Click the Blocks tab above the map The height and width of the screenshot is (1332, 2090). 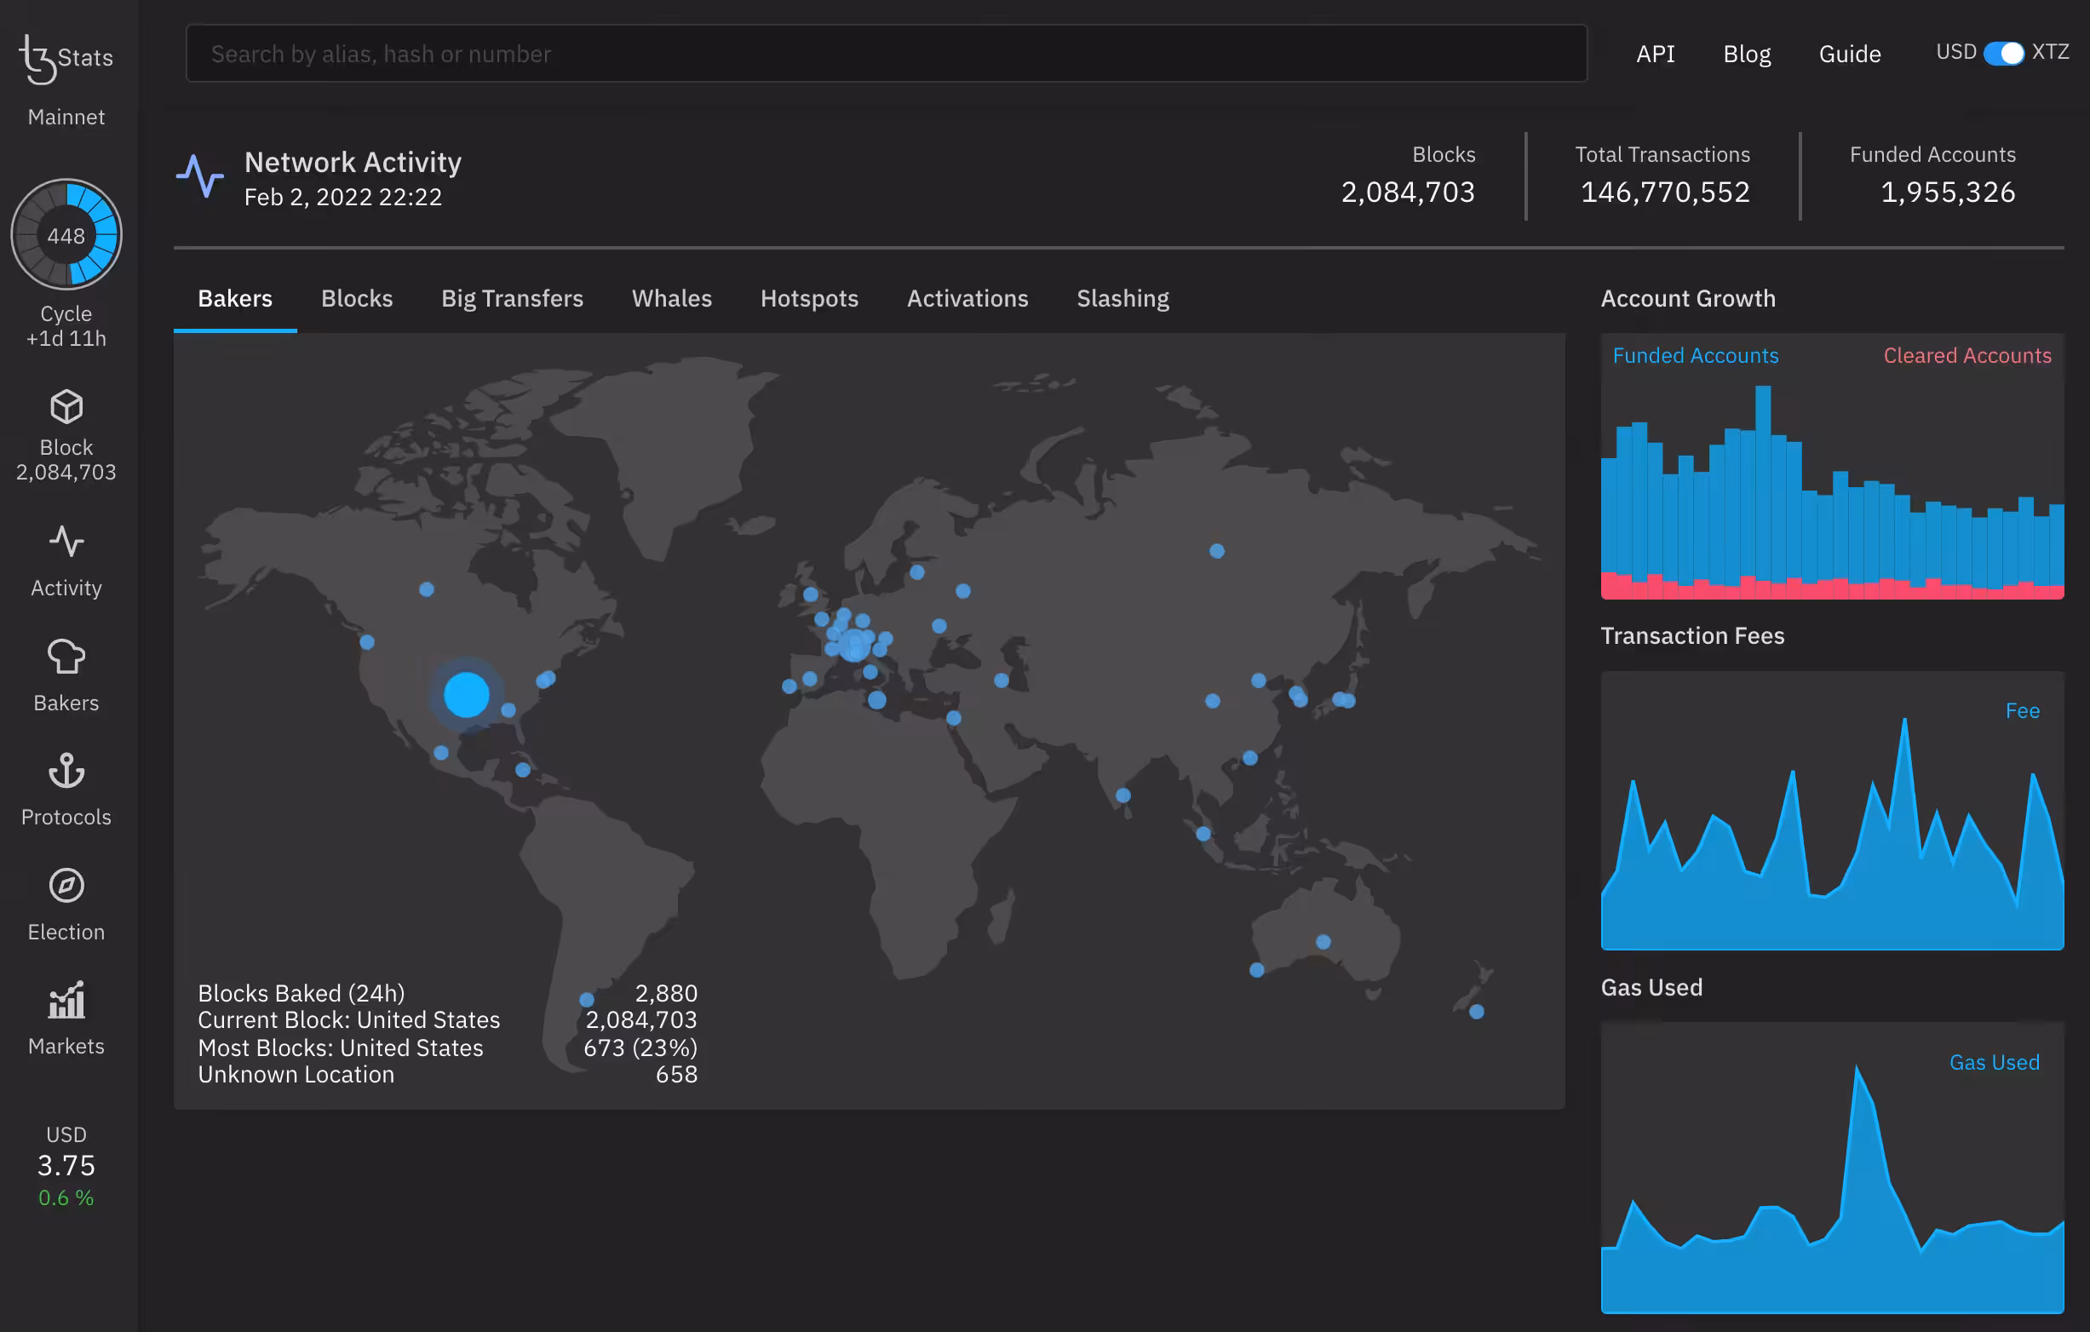coord(357,298)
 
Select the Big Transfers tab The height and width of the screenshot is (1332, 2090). coord(512,298)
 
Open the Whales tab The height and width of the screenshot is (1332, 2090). coord(672,298)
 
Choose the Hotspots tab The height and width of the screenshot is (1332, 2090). coord(809,298)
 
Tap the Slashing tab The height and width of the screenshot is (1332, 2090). coord(1123,298)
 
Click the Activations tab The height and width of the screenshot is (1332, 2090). coord(967,298)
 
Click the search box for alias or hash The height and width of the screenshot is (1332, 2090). coord(887,54)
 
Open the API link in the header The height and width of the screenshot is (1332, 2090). coord(1655,54)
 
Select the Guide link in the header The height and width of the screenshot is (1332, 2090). coord(1850,54)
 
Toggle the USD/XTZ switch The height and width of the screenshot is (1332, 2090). coord(2004,53)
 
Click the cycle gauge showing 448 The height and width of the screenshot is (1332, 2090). coord(66,235)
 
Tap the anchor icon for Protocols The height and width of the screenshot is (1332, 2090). coord(66,771)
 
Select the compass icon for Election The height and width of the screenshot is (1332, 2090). coord(66,885)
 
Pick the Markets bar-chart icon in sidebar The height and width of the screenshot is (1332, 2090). coord(66,1001)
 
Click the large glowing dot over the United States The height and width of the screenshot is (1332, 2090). coord(466,694)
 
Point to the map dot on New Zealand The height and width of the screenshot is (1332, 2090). coord(1476,1012)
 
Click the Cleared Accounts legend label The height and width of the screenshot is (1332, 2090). coord(1967,356)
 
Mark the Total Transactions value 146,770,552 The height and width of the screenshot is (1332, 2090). coord(1665,192)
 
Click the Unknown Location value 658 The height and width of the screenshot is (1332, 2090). coord(676,1074)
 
